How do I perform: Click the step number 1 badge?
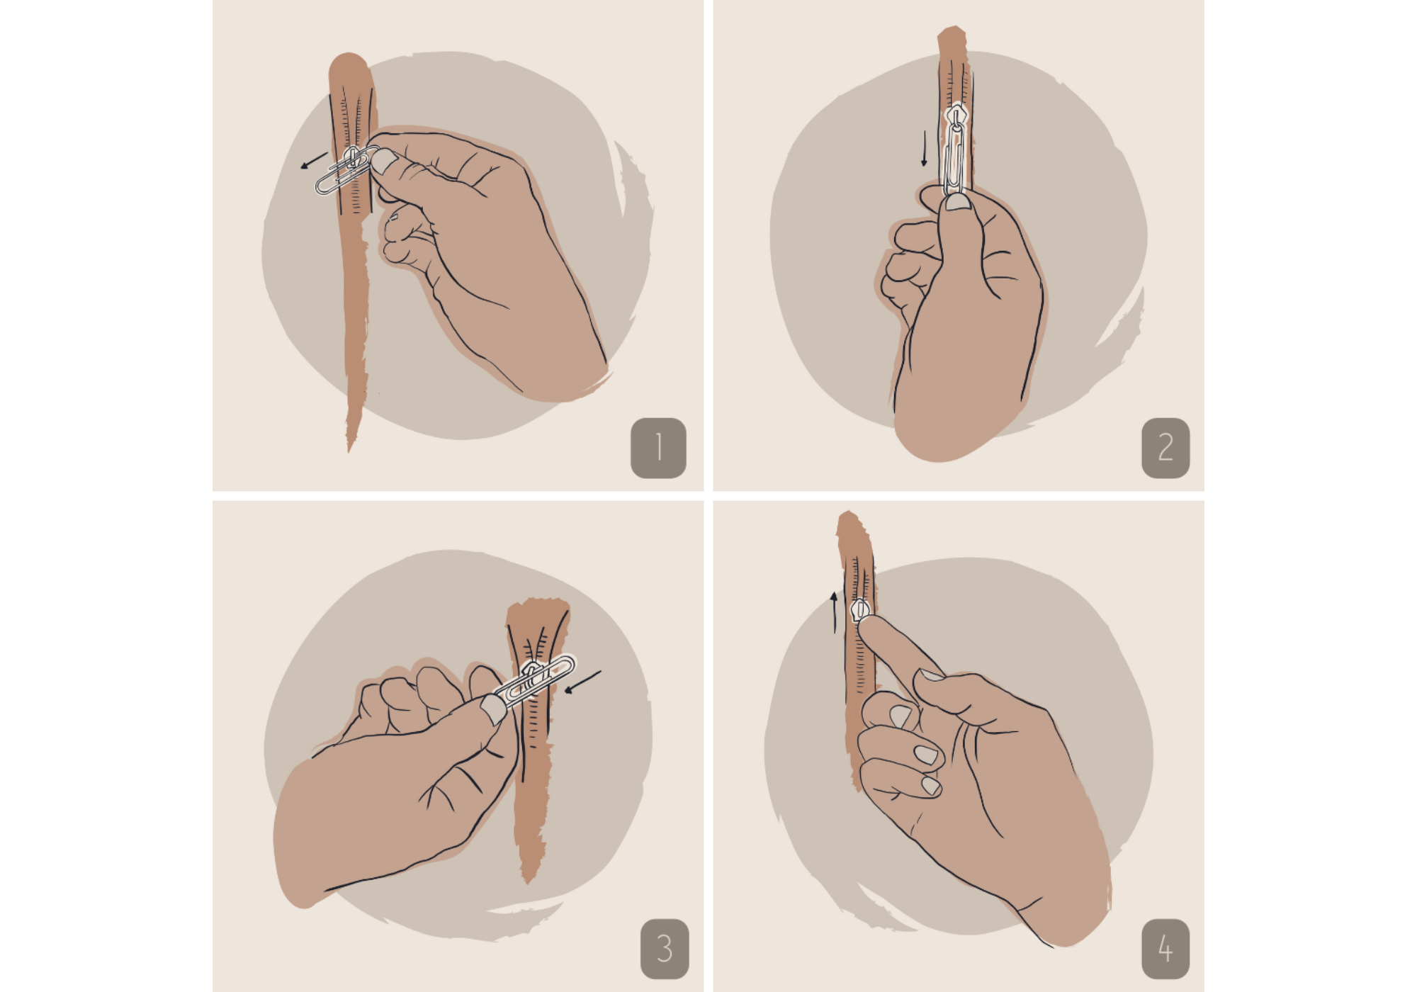pos(658,448)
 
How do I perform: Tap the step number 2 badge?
pos(1165,448)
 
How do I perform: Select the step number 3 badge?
pos(665,949)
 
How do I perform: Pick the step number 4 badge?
pos(1165,949)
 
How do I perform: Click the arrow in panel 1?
pos(314,161)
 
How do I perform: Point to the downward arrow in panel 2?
pos(924,148)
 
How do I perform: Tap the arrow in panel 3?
pos(582,682)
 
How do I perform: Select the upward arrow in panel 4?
pos(835,613)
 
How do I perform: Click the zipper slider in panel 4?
pos(860,610)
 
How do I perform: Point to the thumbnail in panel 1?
pos(383,161)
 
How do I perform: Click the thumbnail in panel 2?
pos(957,202)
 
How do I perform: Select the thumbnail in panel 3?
pos(493,709)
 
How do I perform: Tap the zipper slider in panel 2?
pos(956,115)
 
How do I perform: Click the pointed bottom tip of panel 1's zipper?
pos(349,451)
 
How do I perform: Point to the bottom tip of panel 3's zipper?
pos(529,883)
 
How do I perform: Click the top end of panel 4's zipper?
pos(848,513)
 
